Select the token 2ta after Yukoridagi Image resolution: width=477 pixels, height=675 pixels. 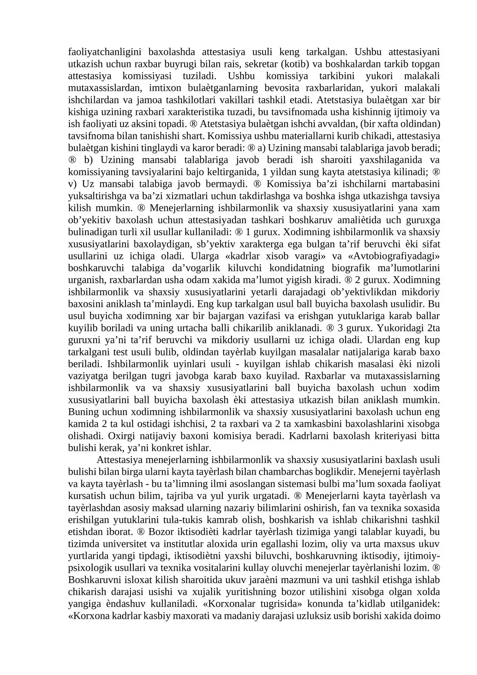[x=433, y=328]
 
